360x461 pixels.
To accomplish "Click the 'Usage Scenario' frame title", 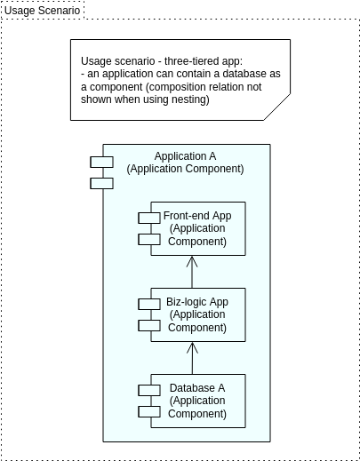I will [x=42, y=10].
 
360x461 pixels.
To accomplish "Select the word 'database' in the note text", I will [x=241, y=73].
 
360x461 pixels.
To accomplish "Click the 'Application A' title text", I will [x=185, y=156].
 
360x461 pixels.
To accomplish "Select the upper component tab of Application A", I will [x=101, y=162].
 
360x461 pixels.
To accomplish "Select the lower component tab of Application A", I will [x=101, y=183].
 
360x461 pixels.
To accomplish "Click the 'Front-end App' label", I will [x=197, y=216].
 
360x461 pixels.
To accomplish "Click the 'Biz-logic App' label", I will [x=197, y=302].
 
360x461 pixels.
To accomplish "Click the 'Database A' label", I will [x=197, y=388].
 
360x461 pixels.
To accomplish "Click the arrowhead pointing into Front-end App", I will [x=191, y=261].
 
